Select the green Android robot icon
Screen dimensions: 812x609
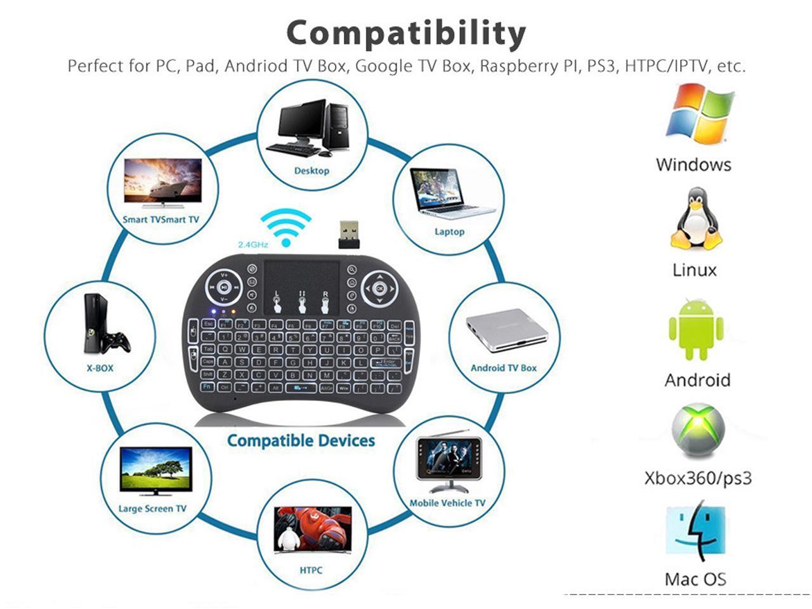tap(696, 330)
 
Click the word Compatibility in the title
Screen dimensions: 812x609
tap(406, 33)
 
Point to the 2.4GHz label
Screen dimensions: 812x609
tap(253, 244)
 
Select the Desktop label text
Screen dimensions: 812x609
tap(311, 171)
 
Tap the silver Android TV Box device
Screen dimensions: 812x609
tap(506, 330)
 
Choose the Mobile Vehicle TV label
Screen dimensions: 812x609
tap(447, 503)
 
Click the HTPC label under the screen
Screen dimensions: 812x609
tap(311, 570)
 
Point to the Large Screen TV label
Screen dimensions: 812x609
tap(152, 509)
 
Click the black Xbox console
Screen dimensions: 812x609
tap(93, 324)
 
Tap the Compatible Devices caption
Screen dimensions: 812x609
tap(301, 440)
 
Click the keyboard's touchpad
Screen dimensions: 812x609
tap(301, 285)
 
